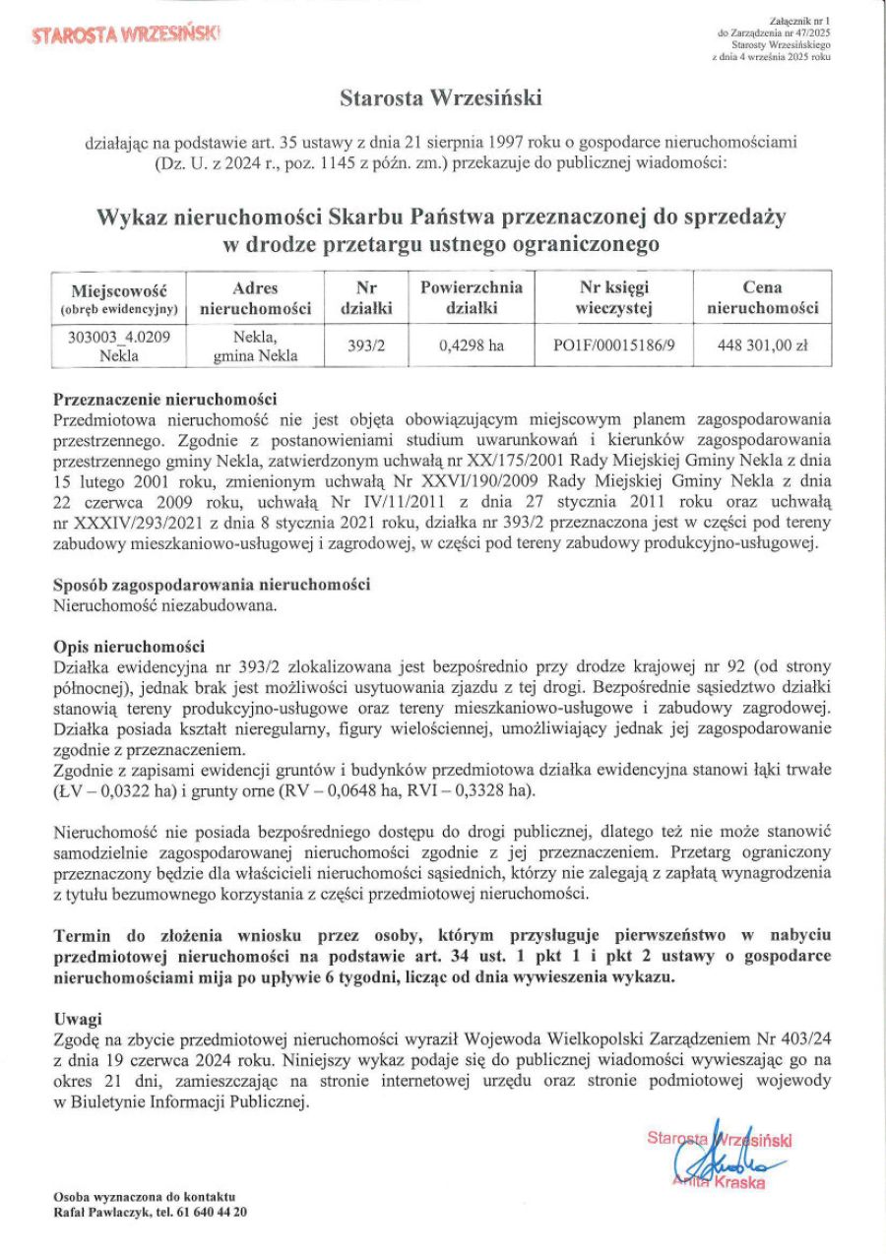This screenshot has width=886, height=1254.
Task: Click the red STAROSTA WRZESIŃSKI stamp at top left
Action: pyautogui.click(x=126, y=34)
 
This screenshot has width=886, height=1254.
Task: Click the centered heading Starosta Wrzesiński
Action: pyautogui.click(x=441, y=98)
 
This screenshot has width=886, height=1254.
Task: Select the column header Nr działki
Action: pyautogui.click(x=366, y=297)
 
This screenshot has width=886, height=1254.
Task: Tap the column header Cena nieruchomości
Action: pyautogui.click(x=763, y=297)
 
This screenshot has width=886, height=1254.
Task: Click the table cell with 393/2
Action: pyautogui.click(x=366, y=345)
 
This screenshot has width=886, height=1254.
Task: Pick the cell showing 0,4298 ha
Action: pyautogui.click(x=472, y=345)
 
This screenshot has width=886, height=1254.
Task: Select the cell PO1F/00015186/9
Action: pyautogui.click(x=615, y=345)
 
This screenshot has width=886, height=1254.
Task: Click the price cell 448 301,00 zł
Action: pyautogui.click(x=763, y=345)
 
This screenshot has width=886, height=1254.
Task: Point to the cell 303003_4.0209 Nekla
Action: pyautogui.click(x=120, y=346)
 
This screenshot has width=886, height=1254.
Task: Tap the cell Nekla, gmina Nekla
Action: pyautogui.click(x=255, y=346)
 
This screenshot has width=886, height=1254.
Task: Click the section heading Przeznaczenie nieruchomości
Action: pyautogui.click(x=165, y=400)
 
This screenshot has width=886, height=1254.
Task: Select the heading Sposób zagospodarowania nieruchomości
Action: pyautogui.click(x=211, y=586)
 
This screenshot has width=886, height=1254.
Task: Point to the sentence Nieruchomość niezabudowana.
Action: pyautogui.click(x=164, y=604)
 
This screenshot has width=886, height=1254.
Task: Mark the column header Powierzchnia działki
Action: pyautogui.click(x=472, y=297)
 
